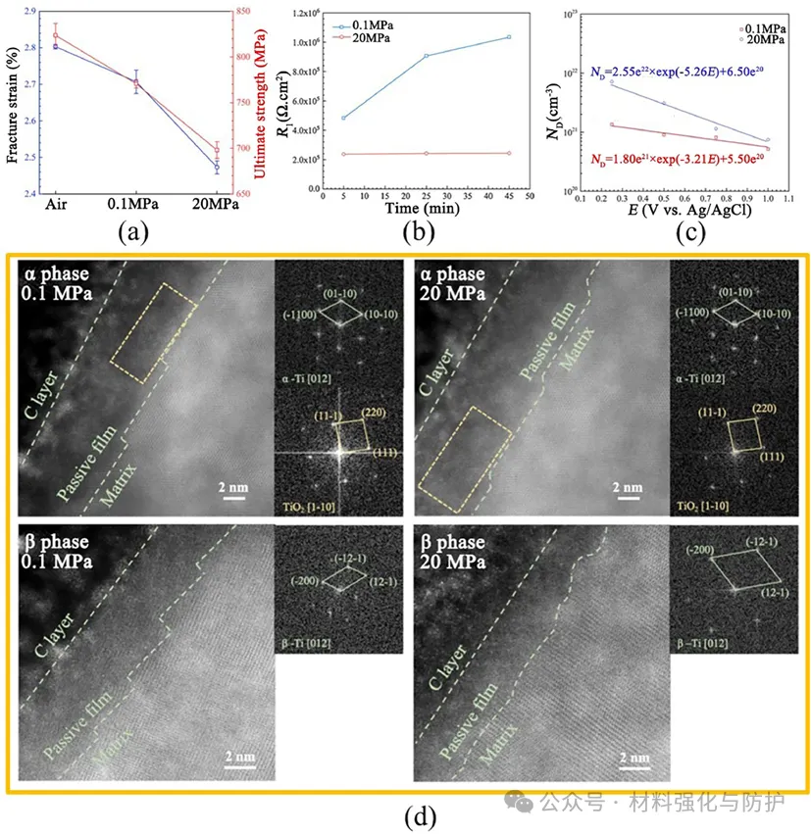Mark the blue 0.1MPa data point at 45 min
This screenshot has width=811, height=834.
pyautogui.click(x=509, y=37)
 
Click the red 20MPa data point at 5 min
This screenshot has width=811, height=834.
pyautogui.click(x=343, y=154)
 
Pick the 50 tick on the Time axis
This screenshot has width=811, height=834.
pyautogui.click(x=530, y=196)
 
